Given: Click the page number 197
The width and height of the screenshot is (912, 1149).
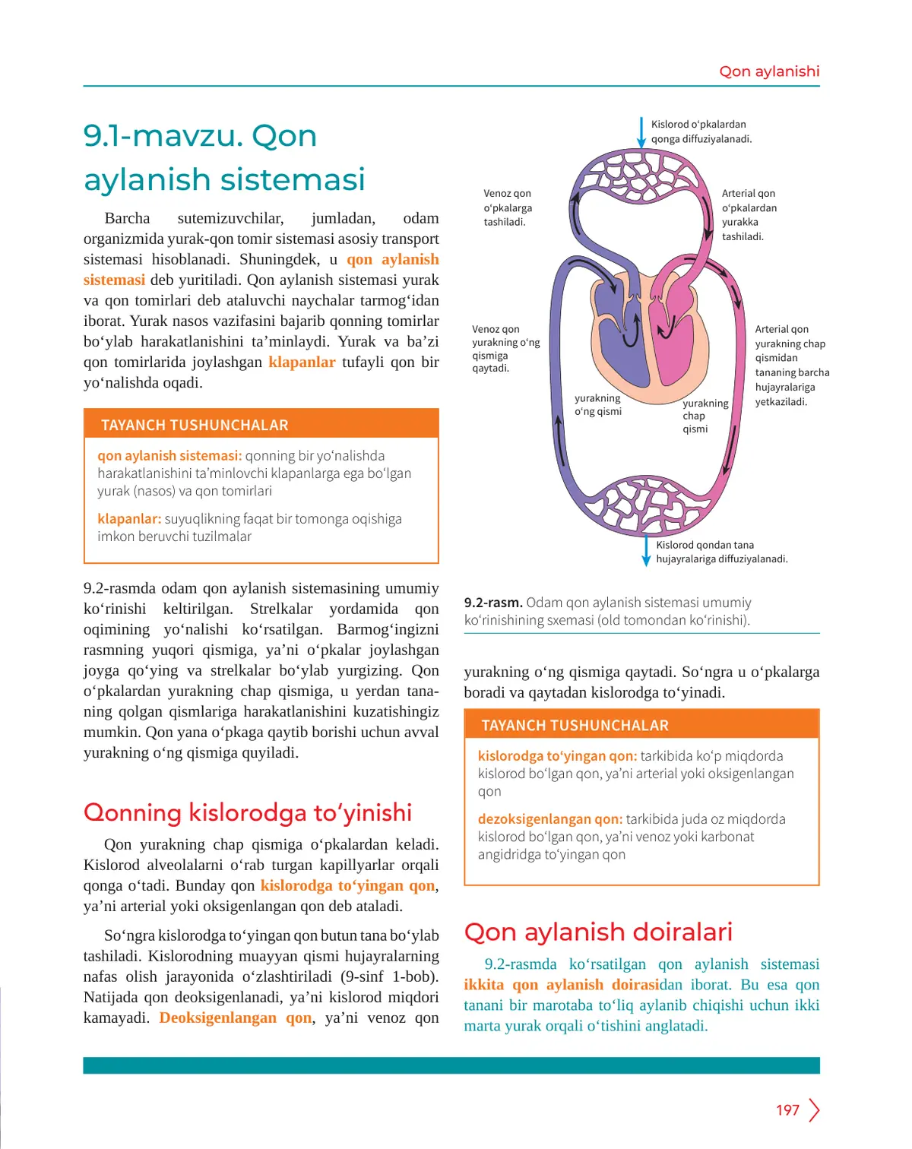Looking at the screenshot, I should (787, 1110).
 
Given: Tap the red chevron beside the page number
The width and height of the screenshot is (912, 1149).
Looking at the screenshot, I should (815, 1110).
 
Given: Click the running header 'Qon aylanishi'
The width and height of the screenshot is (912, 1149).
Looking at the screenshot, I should (769, 71).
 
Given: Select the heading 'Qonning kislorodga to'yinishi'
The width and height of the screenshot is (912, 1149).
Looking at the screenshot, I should (248, 812).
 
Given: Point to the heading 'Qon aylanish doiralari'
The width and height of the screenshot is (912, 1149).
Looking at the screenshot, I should (598, 932).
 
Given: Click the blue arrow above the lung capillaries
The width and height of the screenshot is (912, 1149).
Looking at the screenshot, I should (642, 131).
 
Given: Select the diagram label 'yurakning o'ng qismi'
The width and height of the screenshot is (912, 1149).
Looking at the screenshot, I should (598, 405).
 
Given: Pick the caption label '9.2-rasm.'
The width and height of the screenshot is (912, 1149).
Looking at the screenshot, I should (493, 603).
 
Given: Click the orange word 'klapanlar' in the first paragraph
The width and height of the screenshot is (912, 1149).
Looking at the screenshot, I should (302, 362).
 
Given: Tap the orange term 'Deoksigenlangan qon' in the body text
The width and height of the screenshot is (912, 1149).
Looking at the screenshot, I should (236, 1018).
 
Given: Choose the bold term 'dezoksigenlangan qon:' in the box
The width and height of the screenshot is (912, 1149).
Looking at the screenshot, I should (549, 819).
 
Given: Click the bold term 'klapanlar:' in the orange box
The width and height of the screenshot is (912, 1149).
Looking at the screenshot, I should (129, 519).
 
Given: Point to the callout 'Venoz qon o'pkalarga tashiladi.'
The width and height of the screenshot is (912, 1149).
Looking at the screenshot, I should (508, 207).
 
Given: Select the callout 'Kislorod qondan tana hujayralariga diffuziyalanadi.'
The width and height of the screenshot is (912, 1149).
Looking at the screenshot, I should (721, 552).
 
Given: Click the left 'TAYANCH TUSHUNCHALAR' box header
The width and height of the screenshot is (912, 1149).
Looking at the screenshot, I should (195, 425).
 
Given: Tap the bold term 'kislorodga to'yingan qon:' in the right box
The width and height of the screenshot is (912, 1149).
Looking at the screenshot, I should (557, 756).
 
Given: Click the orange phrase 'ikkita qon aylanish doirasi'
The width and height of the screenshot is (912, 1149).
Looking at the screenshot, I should (561, 985).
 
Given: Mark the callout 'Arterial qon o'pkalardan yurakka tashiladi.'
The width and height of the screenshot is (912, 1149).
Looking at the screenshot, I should (749, 215).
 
